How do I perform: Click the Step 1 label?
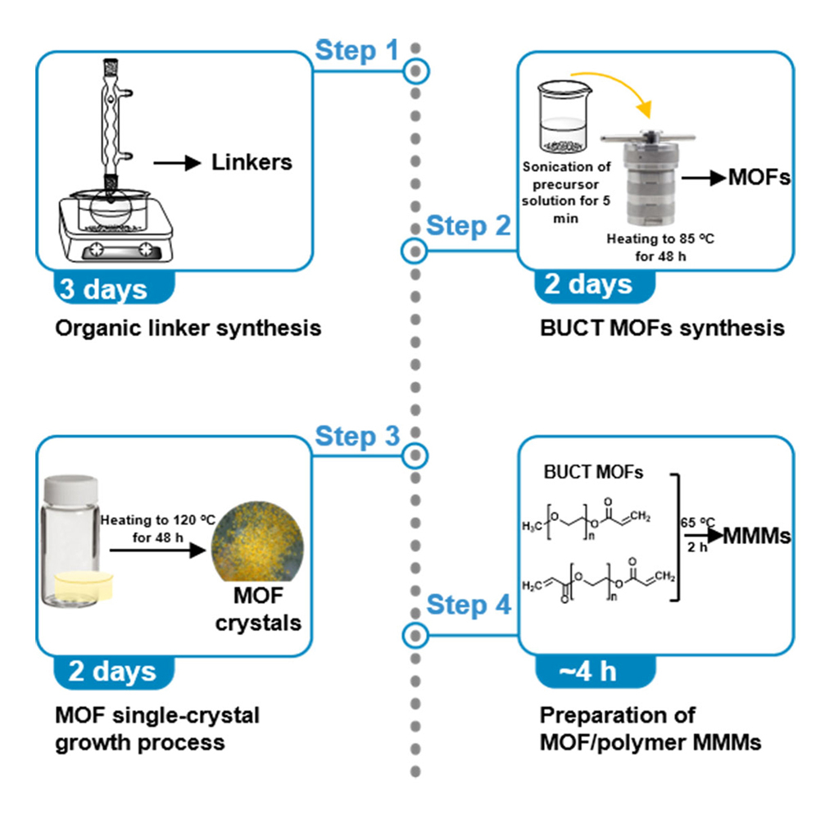coord(357,51)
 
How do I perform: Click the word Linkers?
coord(252,162)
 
